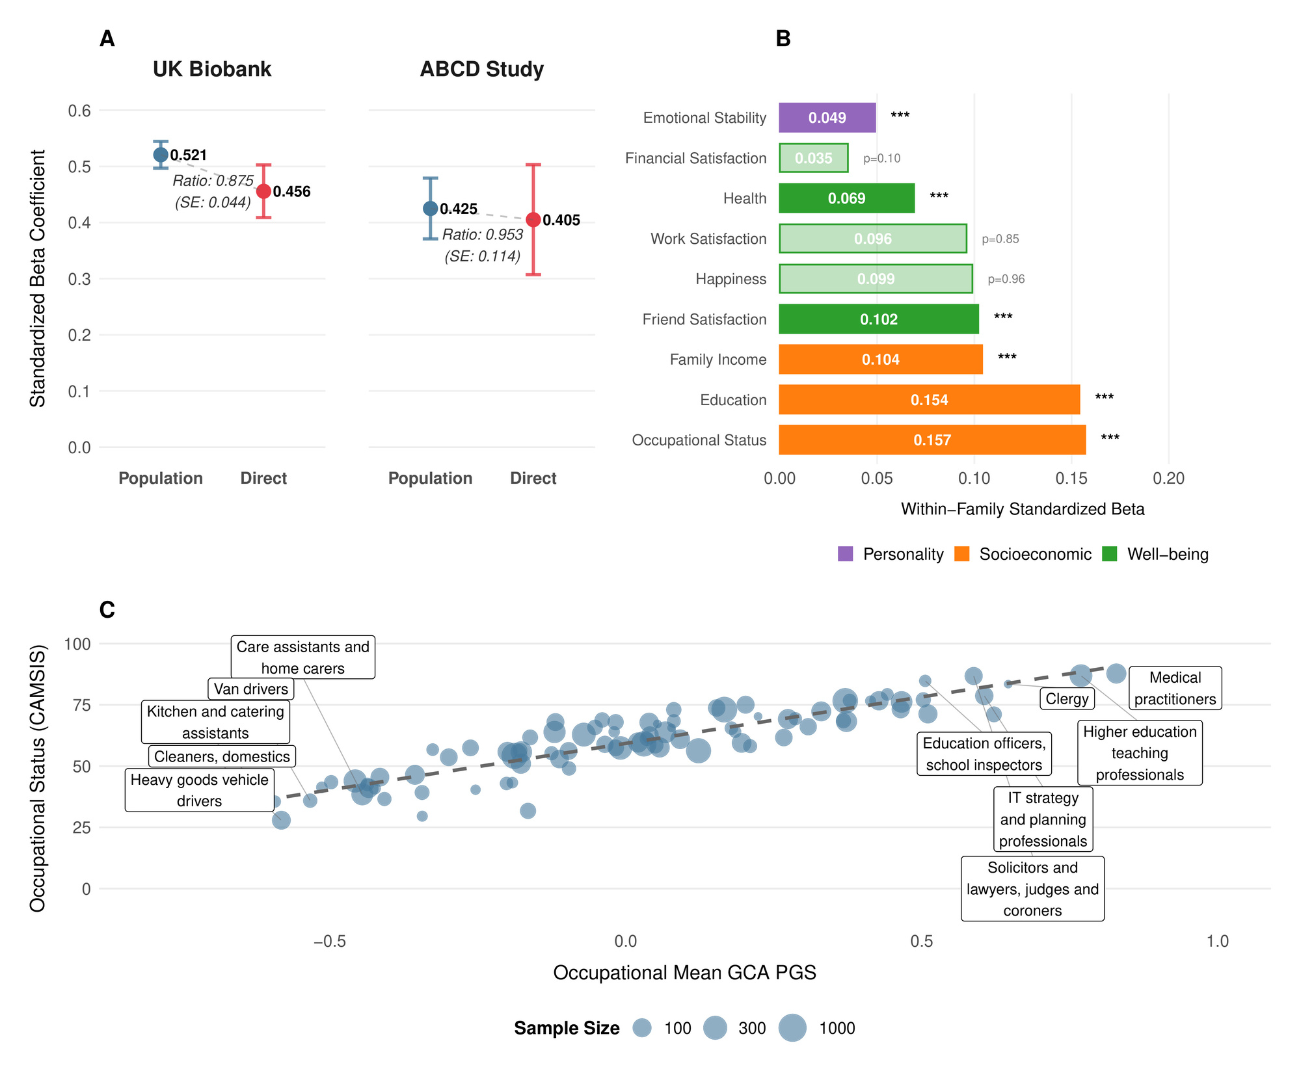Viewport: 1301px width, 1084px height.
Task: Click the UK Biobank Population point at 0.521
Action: point(161,155)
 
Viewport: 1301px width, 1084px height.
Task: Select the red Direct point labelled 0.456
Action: point(263,191)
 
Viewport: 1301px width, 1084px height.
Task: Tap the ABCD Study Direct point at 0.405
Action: point(533,220)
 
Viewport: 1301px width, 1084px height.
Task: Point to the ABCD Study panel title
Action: point(481,69)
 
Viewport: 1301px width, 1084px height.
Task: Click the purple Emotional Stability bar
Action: point(827,118)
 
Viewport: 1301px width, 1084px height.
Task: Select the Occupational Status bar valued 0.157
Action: point(932,440)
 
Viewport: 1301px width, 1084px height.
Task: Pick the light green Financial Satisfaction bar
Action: point(814,158)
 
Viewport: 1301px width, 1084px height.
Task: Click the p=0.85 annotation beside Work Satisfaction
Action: point(1000,239)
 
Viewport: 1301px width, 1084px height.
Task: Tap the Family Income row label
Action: point(718,360)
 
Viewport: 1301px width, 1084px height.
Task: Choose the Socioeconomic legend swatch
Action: point(961,554)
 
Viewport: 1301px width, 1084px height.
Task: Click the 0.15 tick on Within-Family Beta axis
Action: point(1071,479)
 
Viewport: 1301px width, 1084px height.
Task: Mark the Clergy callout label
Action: point(1067,699)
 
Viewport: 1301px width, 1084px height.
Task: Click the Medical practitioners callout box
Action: point(1175,688)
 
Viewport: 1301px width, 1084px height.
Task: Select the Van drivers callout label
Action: point(251,689)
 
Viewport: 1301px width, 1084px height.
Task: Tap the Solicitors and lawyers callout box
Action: point(1032,889)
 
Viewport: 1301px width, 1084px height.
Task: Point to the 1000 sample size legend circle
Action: point(793,1028)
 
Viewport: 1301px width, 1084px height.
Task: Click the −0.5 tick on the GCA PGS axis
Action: point(329,942)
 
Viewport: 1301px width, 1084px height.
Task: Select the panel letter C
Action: point(107,610)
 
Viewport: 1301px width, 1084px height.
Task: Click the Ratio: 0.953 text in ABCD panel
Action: point(483,235)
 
